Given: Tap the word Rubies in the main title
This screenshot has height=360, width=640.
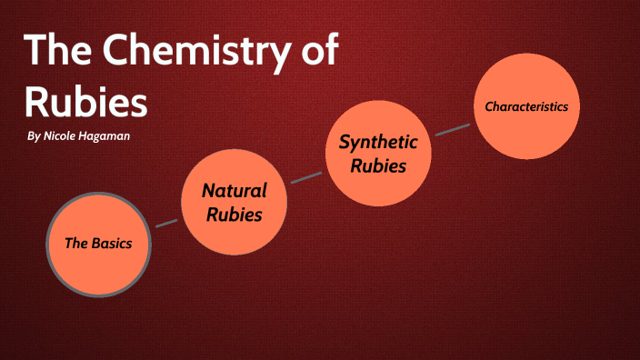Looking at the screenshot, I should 85,102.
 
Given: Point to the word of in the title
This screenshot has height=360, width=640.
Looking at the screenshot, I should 320,52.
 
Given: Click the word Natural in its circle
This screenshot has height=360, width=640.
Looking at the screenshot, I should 235,191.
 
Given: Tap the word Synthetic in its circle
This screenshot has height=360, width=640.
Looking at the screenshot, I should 378,142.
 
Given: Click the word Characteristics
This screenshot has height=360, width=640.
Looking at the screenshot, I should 526,106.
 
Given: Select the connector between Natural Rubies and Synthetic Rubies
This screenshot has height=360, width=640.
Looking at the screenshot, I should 306,175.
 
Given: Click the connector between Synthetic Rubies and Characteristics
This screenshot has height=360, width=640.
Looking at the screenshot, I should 453,128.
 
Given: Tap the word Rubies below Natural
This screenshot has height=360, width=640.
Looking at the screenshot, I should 235,215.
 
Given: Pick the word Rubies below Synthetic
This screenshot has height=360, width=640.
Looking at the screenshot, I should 378,165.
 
